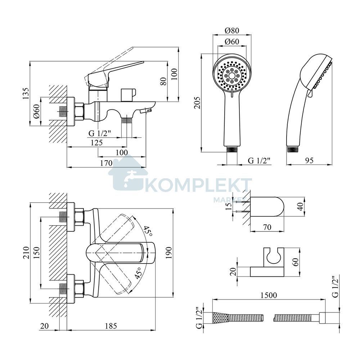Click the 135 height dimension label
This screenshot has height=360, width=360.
coord(26,93)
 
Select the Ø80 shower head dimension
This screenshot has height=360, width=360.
coord(232,30)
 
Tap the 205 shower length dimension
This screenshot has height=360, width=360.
coord(197,103)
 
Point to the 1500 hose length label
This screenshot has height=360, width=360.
coord(269,295)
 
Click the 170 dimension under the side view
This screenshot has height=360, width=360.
coord(106,163)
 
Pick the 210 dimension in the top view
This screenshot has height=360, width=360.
coord(26,253)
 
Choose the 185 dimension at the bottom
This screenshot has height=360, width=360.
coord(111,326)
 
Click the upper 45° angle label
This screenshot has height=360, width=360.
coord(148,231)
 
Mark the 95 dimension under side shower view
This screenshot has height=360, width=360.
coord(309,160)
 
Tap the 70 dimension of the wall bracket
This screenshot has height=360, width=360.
coord(267,227)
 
